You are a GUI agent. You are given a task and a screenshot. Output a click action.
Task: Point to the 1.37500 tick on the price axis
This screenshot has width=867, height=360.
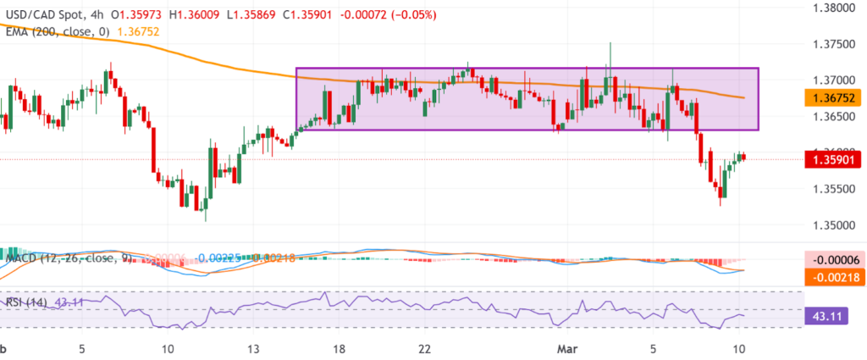pyautogui.click(x=826, y=43)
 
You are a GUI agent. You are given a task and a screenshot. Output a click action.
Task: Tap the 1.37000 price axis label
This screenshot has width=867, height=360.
pyautogui.click(x=826, y=80)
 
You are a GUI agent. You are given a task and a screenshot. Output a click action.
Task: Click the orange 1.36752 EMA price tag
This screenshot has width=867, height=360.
pyautogui.click(x=826, y=97)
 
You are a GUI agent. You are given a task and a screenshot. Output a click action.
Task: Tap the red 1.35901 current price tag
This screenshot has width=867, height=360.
pyautogui.click(x=826, y=159)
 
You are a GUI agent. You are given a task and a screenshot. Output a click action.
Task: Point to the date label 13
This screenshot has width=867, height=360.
pyautogui.click(x=254, y=349)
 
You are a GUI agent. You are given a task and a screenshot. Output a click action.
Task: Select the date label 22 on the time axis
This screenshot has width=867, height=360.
pyautogui.click(x=426, y=349)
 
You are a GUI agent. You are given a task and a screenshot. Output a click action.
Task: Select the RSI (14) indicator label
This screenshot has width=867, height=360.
pyautogui.click(x=25, y=301)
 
